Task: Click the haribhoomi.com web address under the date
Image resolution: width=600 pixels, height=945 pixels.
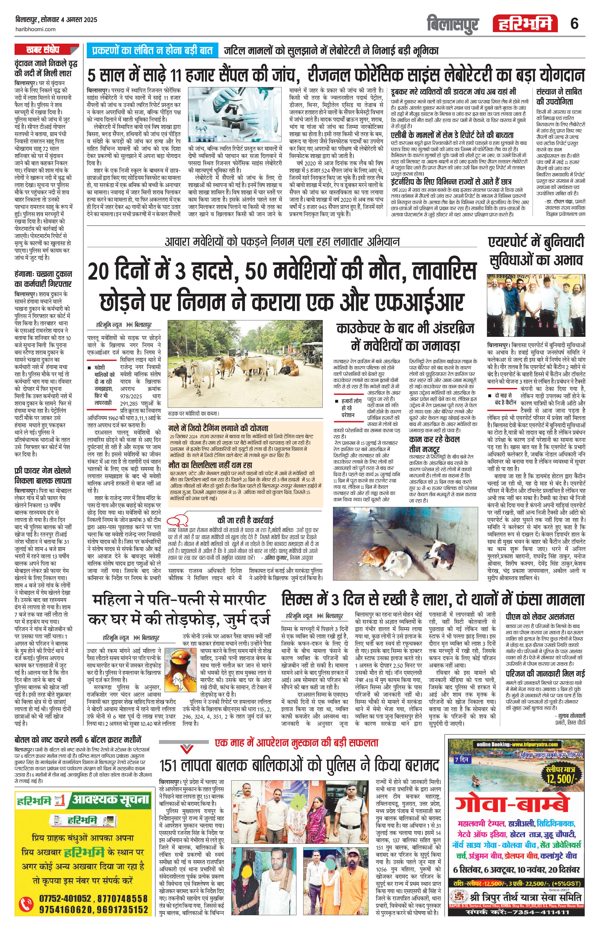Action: [x=35, y=29]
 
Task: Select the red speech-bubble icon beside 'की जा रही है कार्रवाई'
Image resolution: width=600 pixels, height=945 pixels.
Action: [x=179, y=521]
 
